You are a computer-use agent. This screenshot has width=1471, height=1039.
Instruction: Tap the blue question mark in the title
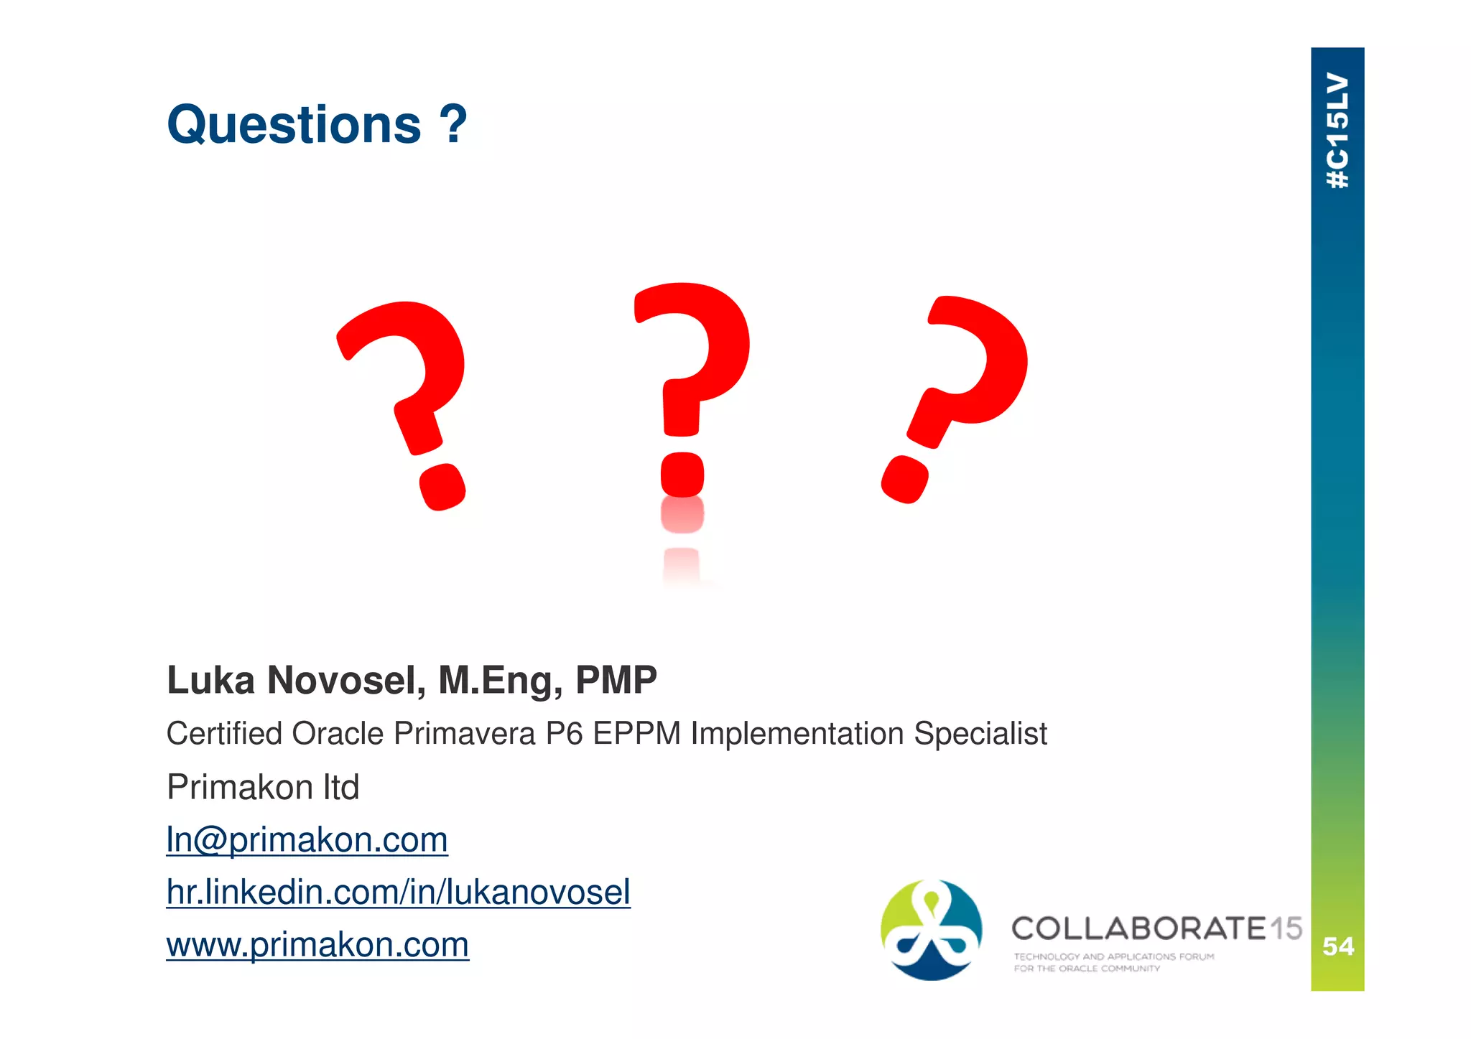[x=453, y=124]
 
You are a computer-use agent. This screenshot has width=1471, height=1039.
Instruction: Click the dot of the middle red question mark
[x=682, y=475]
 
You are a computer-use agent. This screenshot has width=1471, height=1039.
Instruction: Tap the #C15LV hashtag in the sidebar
[x=1337, y=131]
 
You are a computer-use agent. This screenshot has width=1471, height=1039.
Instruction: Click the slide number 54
[x=1338, y=946]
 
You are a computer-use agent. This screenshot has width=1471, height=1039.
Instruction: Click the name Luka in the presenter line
[x=210, y=680]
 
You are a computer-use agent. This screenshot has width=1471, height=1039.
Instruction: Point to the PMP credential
[x=616, y=680]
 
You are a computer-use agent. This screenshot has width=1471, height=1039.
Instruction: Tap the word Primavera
[x=464, y=734]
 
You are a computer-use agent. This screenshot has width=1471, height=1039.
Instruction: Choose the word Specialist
[x=980, y=734]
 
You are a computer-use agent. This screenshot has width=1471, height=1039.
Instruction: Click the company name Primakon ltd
[x=263, y=787]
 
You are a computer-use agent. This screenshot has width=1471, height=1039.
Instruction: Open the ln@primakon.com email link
[x=307, y=839]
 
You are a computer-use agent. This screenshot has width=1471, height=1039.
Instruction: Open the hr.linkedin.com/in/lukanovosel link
[x=398, y=892]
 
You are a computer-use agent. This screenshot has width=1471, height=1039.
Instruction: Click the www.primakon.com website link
[x=317, y=944]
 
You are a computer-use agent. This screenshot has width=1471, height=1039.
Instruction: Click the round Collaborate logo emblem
[x=931, y=930]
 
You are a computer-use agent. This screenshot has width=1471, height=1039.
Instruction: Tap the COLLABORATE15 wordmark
[x=1156, y=928]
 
